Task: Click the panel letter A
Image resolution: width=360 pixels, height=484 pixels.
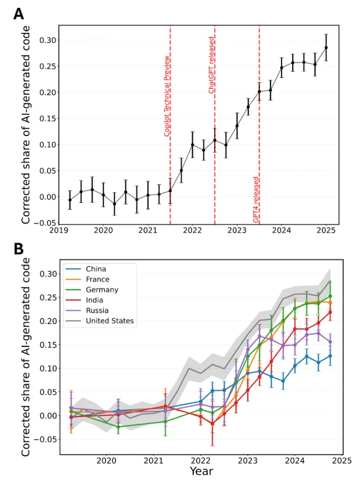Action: pyautogui.click(x=18, y=14)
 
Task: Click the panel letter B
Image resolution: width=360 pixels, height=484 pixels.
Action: pyautogui.click(x=18, y=248)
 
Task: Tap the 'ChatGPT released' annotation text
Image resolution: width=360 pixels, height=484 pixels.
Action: pyautogui.click(x=212, y=65)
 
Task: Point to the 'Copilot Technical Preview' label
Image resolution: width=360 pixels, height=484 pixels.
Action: pyautogui.click(x=167, y=96)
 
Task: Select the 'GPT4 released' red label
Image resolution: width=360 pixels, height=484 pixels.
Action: pyautogui.click(x=256, y=200)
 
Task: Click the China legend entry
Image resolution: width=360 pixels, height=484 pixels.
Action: pyautogui.click(x=95, y=269)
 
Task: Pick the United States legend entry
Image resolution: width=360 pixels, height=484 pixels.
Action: pyautogui.click(x=109, y=321)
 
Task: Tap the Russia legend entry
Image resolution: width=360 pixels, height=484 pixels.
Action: pyautogui.click(x=97, y=310)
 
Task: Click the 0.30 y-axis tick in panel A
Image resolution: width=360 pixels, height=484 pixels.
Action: pyautogui.click(x=47, y=40)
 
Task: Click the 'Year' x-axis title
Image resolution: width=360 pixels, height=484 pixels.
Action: pyautogui.click(x=201, y=471)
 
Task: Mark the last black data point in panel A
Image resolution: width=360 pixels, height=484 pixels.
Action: pyautogui.click(x=327, y=48)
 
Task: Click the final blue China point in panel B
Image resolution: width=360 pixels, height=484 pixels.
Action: pyautogui.click(x=330, y=356)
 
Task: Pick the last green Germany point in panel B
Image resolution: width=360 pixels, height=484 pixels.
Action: pyautogui.click(x=330, y=296)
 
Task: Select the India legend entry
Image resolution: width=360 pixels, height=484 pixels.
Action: pyautogui.click(x=95, y=300)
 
